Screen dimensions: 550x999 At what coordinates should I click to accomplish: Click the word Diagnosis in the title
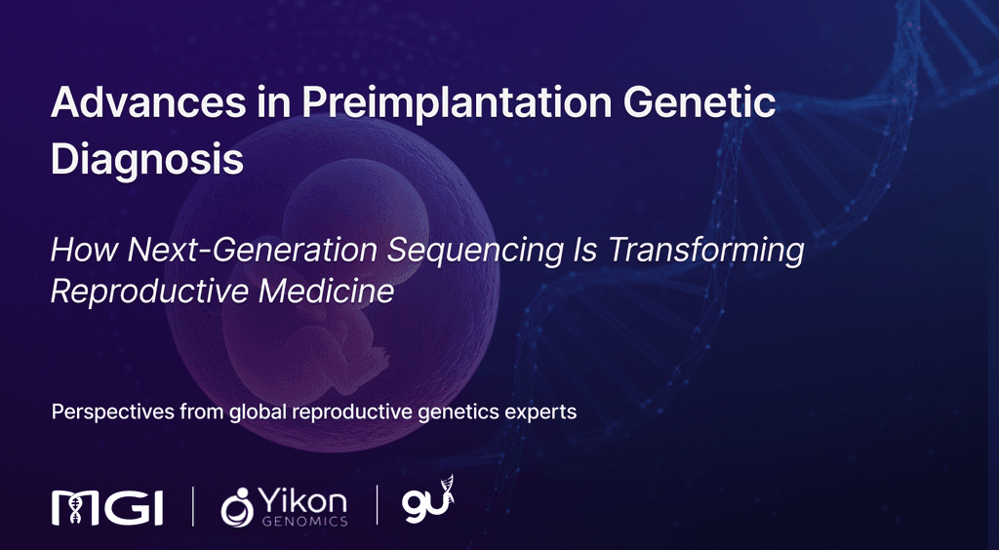(146, 159)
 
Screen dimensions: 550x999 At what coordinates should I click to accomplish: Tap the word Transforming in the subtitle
(706, 251)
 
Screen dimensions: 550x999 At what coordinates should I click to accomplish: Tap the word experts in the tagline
(541, 412)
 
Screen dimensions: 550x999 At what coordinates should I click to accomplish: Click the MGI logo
(107, 505)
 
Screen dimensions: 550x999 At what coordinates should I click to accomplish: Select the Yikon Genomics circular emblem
(237, 506)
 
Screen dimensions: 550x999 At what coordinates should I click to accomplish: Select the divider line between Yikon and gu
(378, 505)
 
